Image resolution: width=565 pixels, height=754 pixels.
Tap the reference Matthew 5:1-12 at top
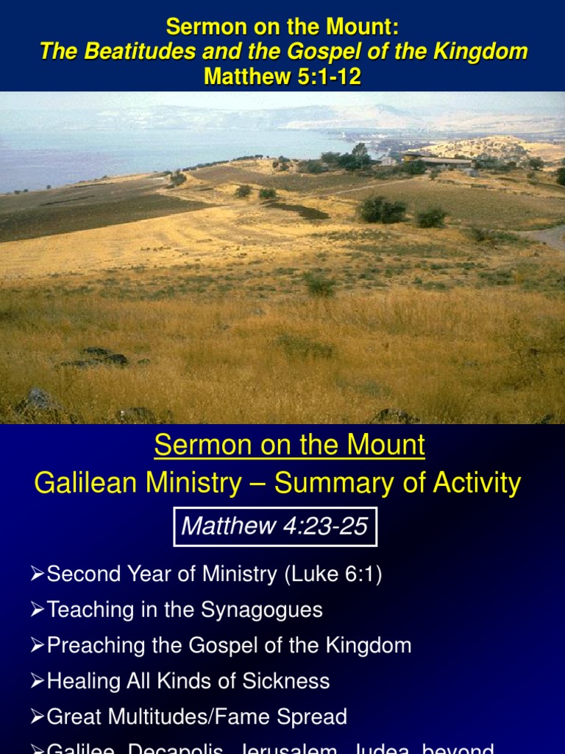point(282,76)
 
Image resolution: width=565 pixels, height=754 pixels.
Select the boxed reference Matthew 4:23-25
point(274,526)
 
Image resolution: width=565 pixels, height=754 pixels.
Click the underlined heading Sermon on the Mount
point(290,445)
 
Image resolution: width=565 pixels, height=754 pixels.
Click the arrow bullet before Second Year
point(38,575)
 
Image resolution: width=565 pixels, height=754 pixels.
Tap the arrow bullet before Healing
point(38,681)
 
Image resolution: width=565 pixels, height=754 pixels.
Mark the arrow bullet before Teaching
point(38,610)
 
